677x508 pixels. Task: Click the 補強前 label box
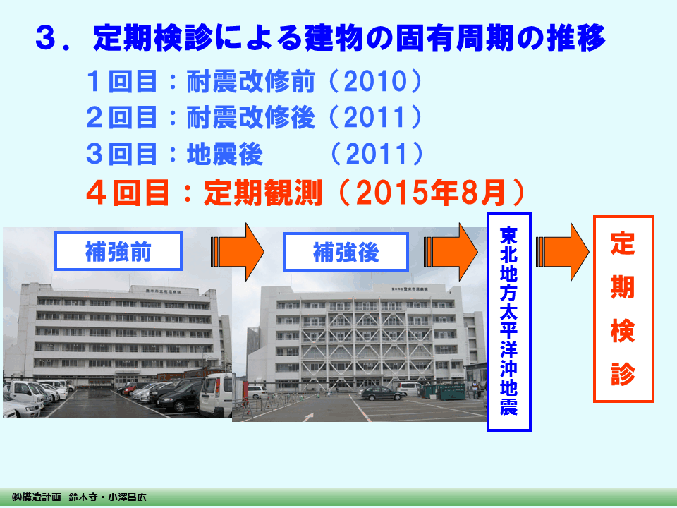click(118, 251)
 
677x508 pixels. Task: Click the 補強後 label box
click(346, 252)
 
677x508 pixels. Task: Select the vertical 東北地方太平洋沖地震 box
click(508, 322)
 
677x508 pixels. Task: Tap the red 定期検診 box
click(623, 309)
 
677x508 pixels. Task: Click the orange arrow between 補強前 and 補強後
click(237, 252)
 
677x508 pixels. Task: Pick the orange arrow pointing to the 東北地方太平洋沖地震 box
click(451, 252)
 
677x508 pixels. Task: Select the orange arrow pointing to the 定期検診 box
click(562, 252)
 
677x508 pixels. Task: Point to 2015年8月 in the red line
click(432, 192)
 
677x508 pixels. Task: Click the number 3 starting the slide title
click(47, 38)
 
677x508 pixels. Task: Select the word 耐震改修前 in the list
click(250, 81)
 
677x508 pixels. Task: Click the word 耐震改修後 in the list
click(250, 118)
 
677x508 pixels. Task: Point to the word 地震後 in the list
click(224, 154)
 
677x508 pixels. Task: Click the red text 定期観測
click(262, 192)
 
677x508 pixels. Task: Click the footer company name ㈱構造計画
click(37, 497)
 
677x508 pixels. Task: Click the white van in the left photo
click(216, 395)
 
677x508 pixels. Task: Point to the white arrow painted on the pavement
click(308, 416)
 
